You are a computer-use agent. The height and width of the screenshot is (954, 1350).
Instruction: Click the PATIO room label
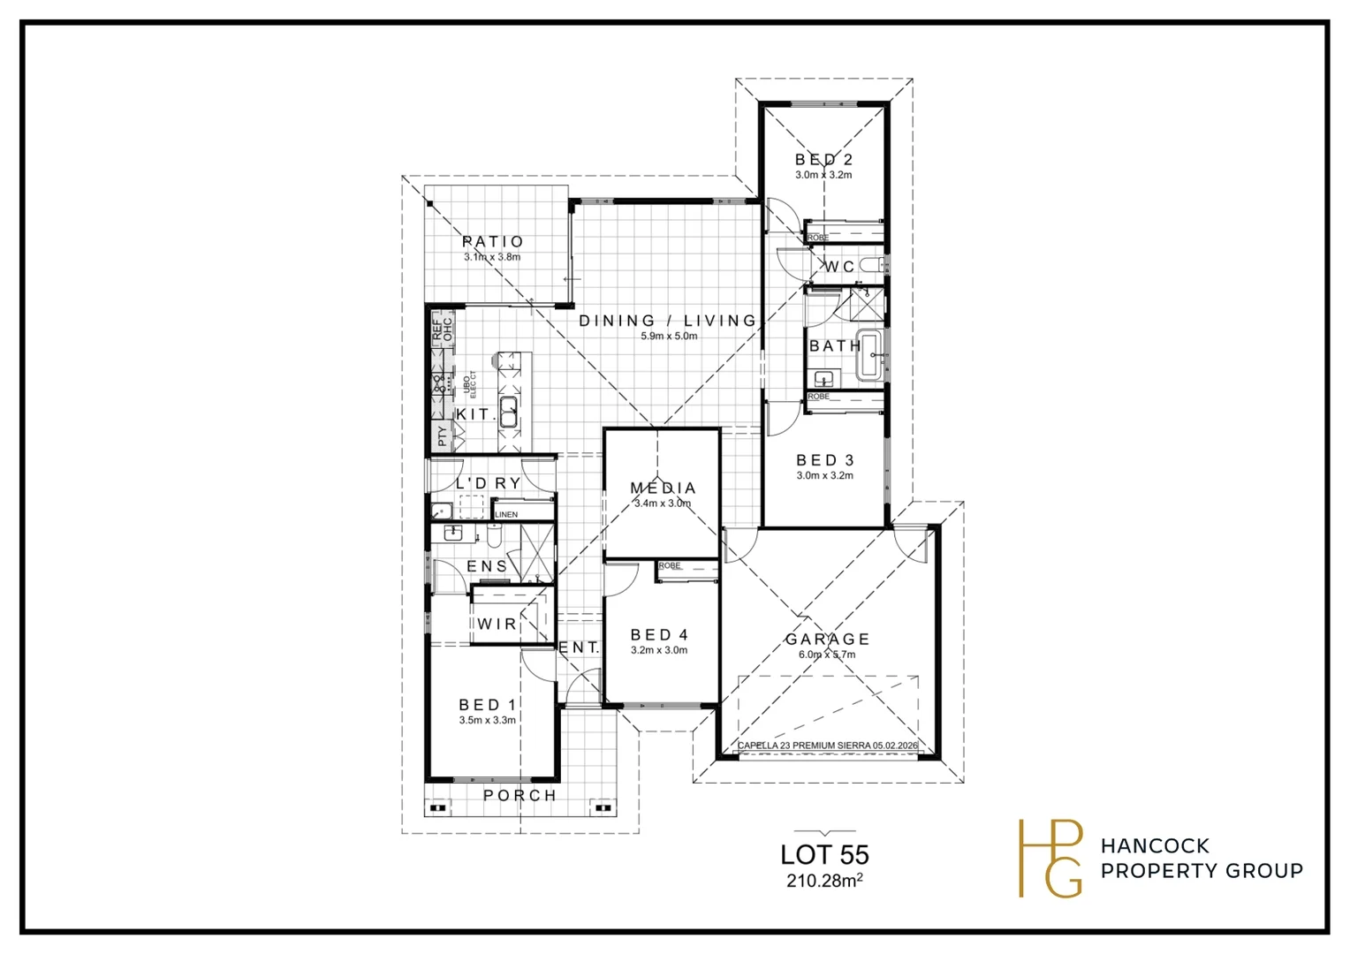pos(493,241)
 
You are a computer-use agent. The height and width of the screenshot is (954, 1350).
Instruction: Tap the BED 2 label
pos(823,160)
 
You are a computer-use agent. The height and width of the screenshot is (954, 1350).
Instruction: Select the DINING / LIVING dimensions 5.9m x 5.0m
pos(669,337)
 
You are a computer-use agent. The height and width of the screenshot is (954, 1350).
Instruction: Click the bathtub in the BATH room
pos(871,355)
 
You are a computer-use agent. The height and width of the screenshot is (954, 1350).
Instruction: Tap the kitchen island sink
pos(509,411)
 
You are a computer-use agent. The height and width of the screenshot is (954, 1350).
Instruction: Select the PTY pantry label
pos(442,436)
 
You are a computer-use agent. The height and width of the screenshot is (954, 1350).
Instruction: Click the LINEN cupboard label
pos(506,514)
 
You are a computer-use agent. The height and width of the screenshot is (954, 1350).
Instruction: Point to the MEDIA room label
pos(663,488)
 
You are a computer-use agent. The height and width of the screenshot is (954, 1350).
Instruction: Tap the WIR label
pos(497,624)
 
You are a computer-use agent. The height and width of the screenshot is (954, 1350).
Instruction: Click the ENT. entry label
pos(579,647)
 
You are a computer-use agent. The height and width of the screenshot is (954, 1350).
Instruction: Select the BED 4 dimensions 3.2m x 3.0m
pos(659,650)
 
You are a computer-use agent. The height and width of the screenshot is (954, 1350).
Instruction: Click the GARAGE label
pos(827,639)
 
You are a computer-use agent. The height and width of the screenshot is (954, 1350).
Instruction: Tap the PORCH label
pos(520,795)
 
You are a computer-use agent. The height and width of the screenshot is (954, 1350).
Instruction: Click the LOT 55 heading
pos(824,855)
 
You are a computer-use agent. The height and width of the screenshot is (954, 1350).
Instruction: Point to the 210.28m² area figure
pos(824,881)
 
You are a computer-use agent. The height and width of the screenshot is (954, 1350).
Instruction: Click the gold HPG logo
pos(1050,858)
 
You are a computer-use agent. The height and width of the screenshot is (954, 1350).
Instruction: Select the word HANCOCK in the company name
pos(1155,846)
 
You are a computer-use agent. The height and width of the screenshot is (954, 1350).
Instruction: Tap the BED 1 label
pos(487,705)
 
